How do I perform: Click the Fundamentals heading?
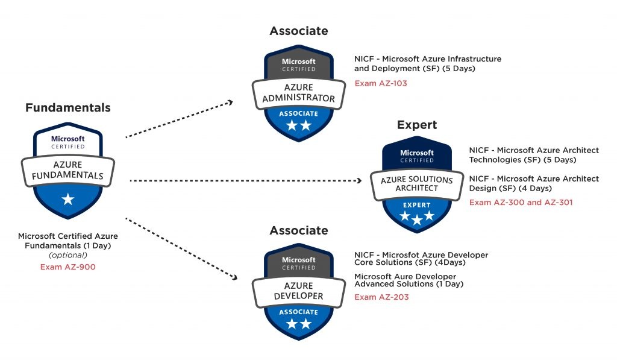(x=67, y=108)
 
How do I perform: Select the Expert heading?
(x=416, y=125)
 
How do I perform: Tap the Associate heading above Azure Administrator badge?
(x=299, y=31)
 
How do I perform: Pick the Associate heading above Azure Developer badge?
(x=299, y=230)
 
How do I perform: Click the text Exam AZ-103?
(x=380, y=83)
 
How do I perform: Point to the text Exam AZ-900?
(x=67, y=266)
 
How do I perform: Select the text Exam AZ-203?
(x=381, y=297)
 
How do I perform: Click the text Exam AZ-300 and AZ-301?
(x=521, y=202)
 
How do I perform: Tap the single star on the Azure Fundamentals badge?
(x=68, y=199)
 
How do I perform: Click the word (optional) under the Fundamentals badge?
(x=68, y=256)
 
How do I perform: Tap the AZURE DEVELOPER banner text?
(x=299, y=291)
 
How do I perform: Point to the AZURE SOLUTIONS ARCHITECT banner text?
(x=416, y=184)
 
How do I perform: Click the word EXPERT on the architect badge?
(x=416, y=205)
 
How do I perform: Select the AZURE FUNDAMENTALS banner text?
(x=67, y=171)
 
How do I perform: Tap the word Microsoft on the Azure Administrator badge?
(x=299, y=62)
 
